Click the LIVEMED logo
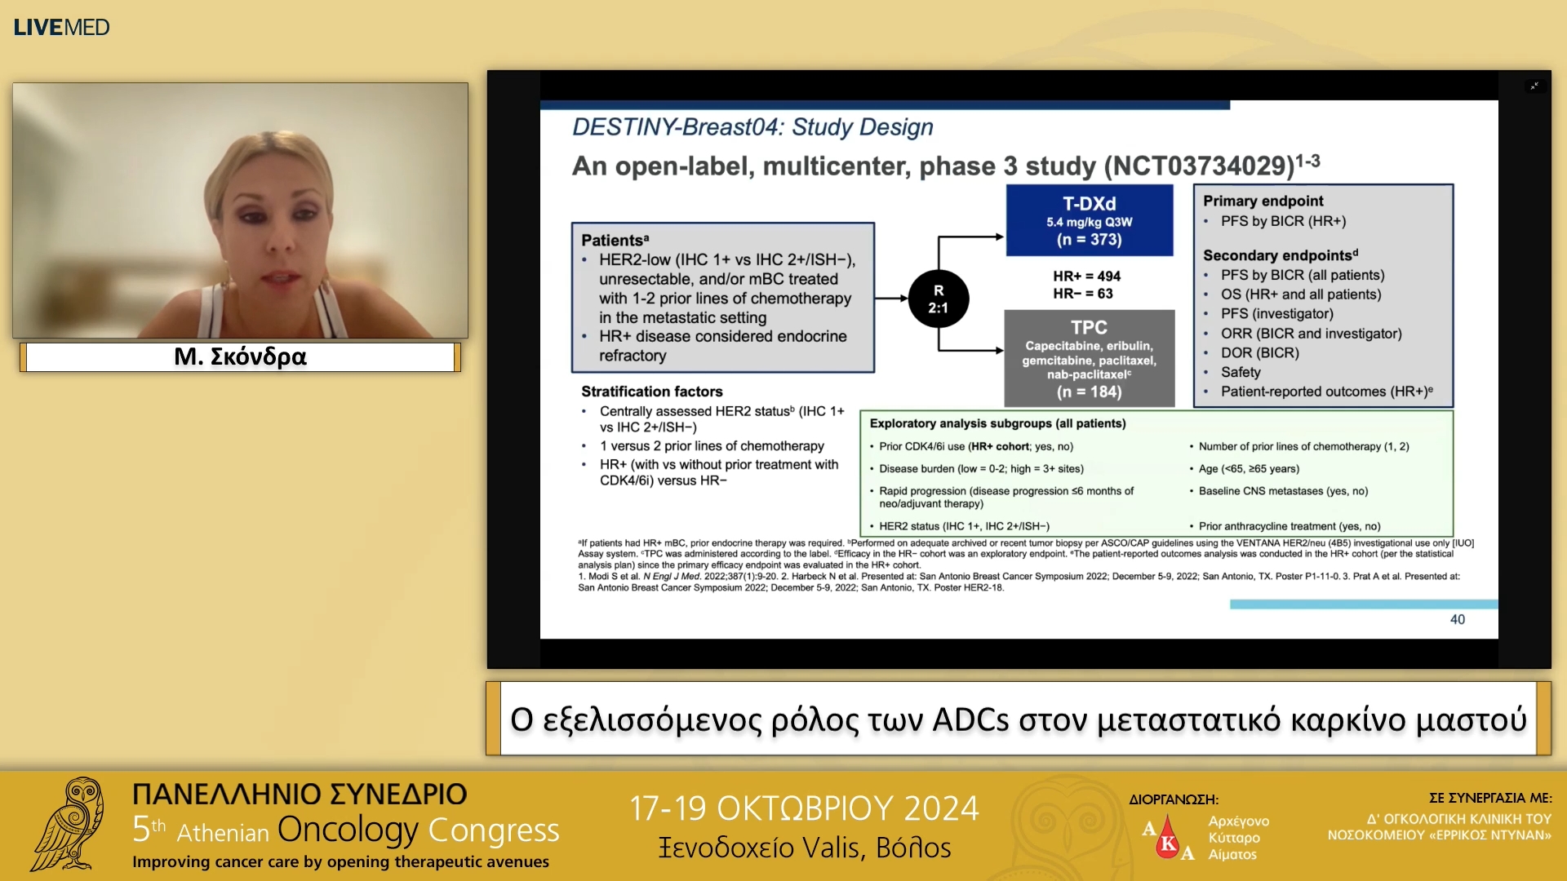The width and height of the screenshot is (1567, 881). (x=61, y=27)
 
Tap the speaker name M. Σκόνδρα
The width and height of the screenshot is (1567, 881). (x=240, y=356)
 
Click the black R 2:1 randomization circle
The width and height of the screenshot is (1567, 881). (x=939, y=299)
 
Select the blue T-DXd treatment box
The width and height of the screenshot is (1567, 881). (x=1090, y=220)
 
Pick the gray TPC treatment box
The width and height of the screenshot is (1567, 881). (x=1090, y=358)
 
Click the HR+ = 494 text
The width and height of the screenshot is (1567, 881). (x=1086, y=277)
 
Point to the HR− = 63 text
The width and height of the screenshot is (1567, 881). (x=1083, y=294)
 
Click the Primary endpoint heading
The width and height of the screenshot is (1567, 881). (x=1263, y=201)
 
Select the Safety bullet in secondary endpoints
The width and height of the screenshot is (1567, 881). (x=1241, y=372)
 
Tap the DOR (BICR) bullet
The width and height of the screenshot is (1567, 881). (x=1260, y=353)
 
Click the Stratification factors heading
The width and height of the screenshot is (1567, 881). (x=651, y=392)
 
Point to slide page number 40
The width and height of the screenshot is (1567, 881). (x=1458, y=620)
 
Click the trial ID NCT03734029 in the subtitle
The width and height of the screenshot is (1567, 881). (x=1199, y=166)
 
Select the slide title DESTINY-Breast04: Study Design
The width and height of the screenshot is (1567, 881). (x=752, y=127)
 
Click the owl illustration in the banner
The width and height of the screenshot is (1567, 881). (x=70, y=825)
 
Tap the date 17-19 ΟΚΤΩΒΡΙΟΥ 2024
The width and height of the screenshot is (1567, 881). (x=804, y=808)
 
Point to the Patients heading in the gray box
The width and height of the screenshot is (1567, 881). (x=615, y=240)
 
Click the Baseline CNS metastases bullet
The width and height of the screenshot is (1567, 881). (x=1283, y=491)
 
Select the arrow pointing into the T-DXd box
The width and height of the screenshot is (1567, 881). (x=970, y=237)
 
